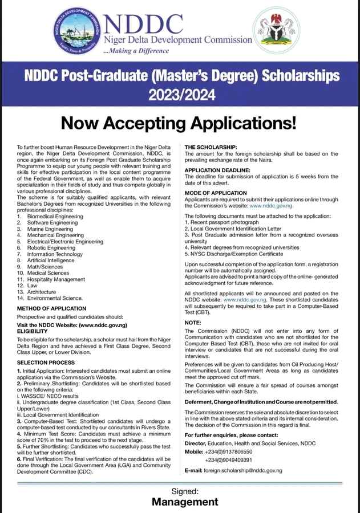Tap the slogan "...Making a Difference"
coord(136,51)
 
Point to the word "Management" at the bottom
coord(185,502)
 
